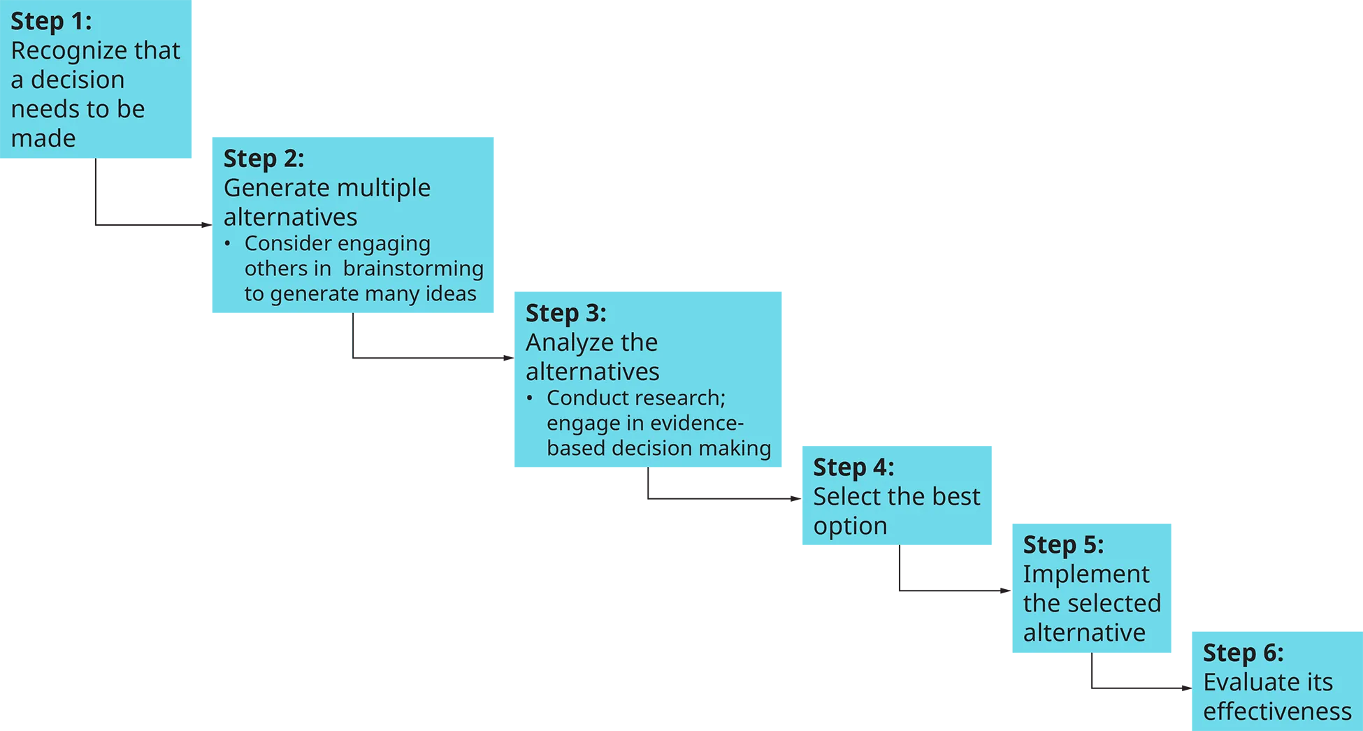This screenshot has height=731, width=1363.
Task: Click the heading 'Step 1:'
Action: pyautogui.click(x=51, y=21)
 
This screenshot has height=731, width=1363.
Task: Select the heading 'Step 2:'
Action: pyautogui.click(x=264, y=159)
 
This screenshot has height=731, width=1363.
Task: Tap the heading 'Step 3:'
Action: pyautogui.click(x=565, y=313)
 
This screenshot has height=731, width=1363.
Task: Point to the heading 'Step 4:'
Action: pyautogui.click(x=853, y=467)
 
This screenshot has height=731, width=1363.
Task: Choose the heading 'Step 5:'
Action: pyautogui.click(x=1063, y=544)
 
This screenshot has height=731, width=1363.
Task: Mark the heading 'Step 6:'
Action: pyautogui.click(x=1243, y=653)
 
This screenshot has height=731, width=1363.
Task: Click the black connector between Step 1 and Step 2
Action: pyautogui.click(x=148, y=198)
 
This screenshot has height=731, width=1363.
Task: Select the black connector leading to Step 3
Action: pyautogui.click(x=433, y=340)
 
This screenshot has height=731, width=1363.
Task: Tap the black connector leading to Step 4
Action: pyautogui.click(x=721, y=488)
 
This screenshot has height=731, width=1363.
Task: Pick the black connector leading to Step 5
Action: pyautogui.click(x=952, y=573)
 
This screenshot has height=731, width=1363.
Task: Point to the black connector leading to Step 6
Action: pyautogui.click(x=1140, y=676)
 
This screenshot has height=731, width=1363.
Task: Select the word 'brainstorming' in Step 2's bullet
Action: pyautogui.click(x=413, y=268)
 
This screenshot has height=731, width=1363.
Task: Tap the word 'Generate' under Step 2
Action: pyautogui.click(x=273, y=188)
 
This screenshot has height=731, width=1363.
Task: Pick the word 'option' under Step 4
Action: pyautogui.click(x=850, y=526)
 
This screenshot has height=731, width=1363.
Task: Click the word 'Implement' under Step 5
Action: pyautogui.click(x=1086, y=574)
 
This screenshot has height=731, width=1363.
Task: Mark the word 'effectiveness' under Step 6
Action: pyautogui.click(x=1277, y=711)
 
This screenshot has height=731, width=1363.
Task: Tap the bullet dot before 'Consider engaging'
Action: pyautogui.click(x=227, y=244)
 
